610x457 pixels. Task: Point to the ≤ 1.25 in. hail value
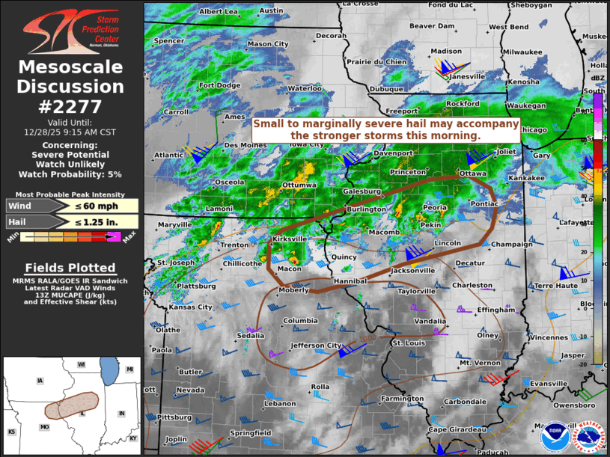107,221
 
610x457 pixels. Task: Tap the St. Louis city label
409,343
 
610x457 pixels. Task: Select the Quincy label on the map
344,257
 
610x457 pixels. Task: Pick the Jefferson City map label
317,345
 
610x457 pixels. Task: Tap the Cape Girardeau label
457,429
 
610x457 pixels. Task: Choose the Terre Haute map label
555,285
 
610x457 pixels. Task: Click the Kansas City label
191,307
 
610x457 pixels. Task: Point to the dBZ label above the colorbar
598,78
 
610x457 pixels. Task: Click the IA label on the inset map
40,381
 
